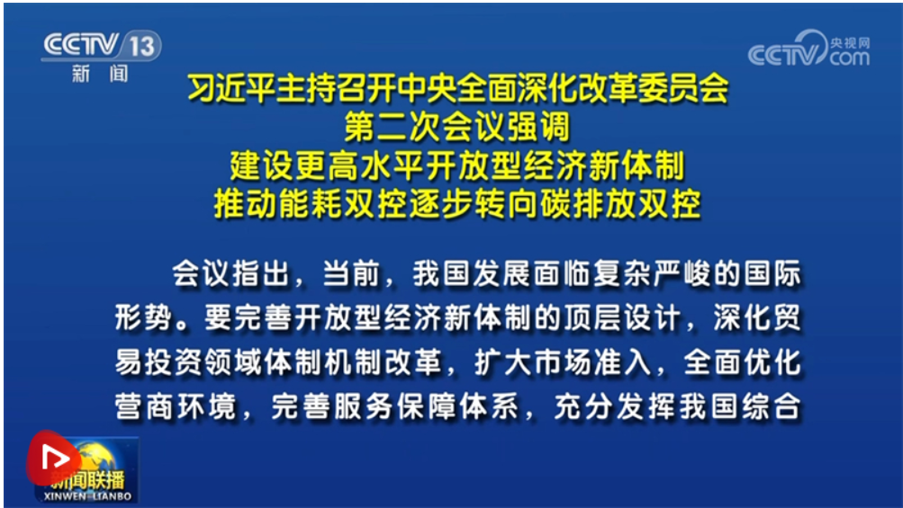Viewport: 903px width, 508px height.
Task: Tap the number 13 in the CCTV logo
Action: [x=141, y=46]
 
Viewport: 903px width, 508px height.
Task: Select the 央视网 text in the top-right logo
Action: [x=850, y=42]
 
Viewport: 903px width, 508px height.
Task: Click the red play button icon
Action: [x=52, y=458]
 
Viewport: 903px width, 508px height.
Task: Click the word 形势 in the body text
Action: [x=143, y=317]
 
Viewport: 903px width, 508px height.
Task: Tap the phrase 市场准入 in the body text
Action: [x=593, y=362]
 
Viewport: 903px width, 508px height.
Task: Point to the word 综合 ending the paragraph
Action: [x=772, y=406]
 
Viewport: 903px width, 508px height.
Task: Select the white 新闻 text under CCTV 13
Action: [x=100, y=74]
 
